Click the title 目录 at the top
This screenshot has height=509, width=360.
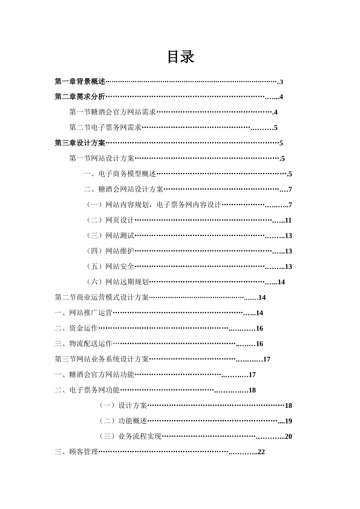coord(181,57)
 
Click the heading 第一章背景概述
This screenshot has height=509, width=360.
coord(80,81)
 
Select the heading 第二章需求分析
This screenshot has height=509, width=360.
coord(80,97)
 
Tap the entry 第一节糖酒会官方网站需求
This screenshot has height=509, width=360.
coord(113,112)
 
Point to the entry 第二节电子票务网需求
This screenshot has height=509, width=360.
coord(105,128)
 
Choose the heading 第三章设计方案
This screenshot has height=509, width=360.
coord(80,143)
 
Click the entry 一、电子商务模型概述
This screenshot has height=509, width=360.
coord(120,174)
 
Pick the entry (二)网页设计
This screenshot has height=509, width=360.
coord(110,220)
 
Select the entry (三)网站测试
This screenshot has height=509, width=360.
coord(110,236)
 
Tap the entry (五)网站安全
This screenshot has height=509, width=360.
coord(110,267)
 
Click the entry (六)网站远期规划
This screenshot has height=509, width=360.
coord(117,282)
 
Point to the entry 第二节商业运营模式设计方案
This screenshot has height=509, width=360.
coord(102,298)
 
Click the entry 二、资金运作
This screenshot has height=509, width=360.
coord(76,328)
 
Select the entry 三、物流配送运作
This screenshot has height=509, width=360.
coord(83,344)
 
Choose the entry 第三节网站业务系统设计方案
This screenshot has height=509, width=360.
coord(102,359)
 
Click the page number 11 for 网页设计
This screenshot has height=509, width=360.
coord(288,220)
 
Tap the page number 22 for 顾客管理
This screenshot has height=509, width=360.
coord(261,452)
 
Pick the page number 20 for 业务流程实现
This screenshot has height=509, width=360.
coord(288,437)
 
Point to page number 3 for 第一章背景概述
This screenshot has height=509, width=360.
coord(282,82)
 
